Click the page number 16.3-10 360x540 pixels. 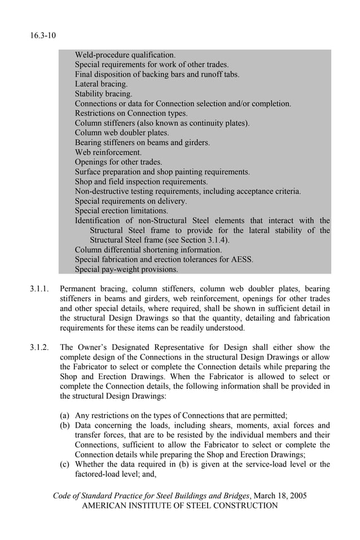43,36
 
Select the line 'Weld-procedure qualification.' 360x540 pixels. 125,55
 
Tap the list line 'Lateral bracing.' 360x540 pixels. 101,84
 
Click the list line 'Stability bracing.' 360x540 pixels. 103,94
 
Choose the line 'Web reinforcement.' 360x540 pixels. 108,152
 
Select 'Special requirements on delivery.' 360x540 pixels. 130,201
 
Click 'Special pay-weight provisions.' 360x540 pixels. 126,269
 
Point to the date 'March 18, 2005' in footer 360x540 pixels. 280,495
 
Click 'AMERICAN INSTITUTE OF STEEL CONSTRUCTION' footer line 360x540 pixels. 180,506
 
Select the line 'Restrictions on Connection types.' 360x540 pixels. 131,113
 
